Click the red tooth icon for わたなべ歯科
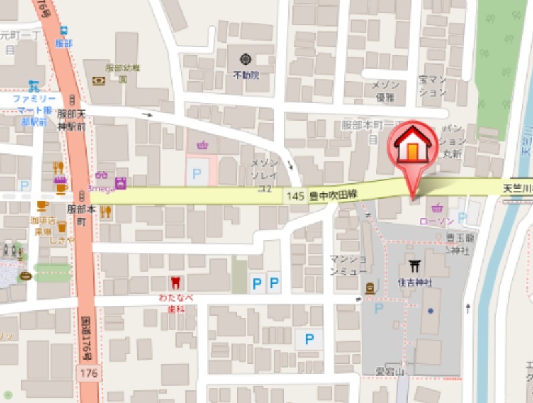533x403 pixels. coord(175,282)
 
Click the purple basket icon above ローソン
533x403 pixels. coord(438,208)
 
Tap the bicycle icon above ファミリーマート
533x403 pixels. coord(34,85)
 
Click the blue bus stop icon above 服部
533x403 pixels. coord(63,31)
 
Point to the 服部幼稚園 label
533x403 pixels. coord(123,72)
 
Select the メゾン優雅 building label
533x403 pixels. coord(385,91)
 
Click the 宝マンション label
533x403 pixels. coord(432,85)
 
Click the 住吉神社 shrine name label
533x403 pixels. coord(415,282)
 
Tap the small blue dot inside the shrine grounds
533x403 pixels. coord(431,310)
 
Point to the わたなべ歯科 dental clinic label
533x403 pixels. coord(176,304)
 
